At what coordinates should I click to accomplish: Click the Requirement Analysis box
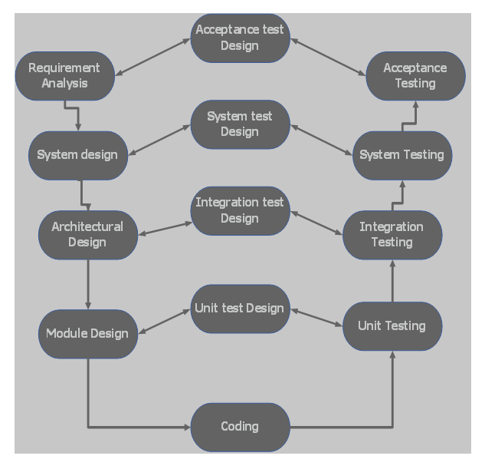click(64, 76)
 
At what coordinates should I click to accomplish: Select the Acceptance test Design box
click(240, 38)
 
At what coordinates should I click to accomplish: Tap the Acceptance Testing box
click(415, 76)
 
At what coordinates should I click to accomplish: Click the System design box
click(77, 155)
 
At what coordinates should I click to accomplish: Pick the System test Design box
click(240, 124)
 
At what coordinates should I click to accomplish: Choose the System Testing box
click(401, 155)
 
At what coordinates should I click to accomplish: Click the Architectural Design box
click(87, 235)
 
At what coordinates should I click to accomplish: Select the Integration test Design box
click(240, 211)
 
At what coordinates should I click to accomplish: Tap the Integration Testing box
click(392, 235)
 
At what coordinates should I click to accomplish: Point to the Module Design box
click(87, 334)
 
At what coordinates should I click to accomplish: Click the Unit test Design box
click(240, 309)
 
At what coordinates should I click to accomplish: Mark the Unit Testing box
click(392, 326)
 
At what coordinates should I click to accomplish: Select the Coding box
click(240, 427)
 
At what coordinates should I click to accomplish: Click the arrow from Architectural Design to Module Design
click(88, 284)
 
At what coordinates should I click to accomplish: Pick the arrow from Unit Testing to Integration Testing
click(392, 280)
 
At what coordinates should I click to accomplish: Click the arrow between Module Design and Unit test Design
click(165, 322)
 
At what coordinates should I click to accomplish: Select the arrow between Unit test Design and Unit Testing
click(316, 318)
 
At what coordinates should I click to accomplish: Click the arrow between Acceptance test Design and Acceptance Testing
click(328, 57)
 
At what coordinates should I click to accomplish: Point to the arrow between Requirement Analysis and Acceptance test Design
click(152, 57)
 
